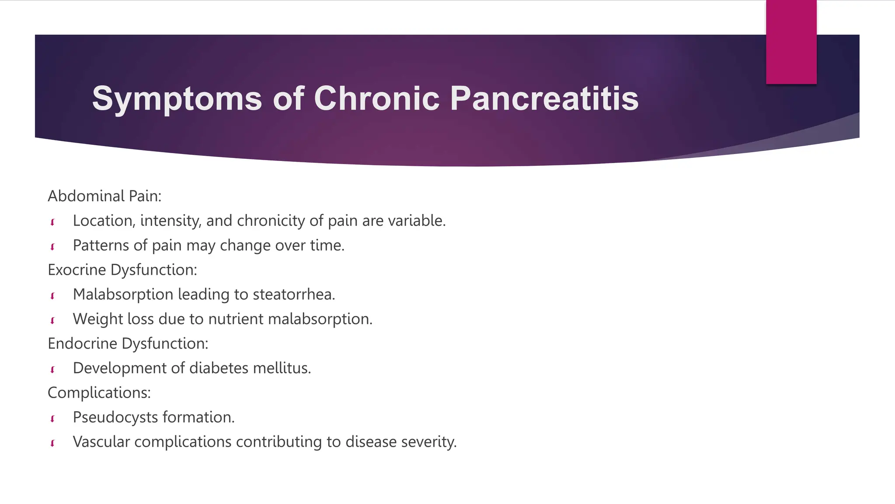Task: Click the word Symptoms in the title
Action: tap(177, 99)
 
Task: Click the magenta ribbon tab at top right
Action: tap(791, 42)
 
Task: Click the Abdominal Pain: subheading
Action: tap(104, 196)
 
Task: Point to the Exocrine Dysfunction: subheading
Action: tap(122, 270)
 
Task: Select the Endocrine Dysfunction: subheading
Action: tap(128, 344)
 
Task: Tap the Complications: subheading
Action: tap(99, 393)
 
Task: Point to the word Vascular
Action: tap(101, 442)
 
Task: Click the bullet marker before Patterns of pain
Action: tap(52, 247)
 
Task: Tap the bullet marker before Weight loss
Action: tap(52, 321)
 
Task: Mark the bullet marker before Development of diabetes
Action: tap(52, 370)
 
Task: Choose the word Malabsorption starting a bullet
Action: tap(123, 294)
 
